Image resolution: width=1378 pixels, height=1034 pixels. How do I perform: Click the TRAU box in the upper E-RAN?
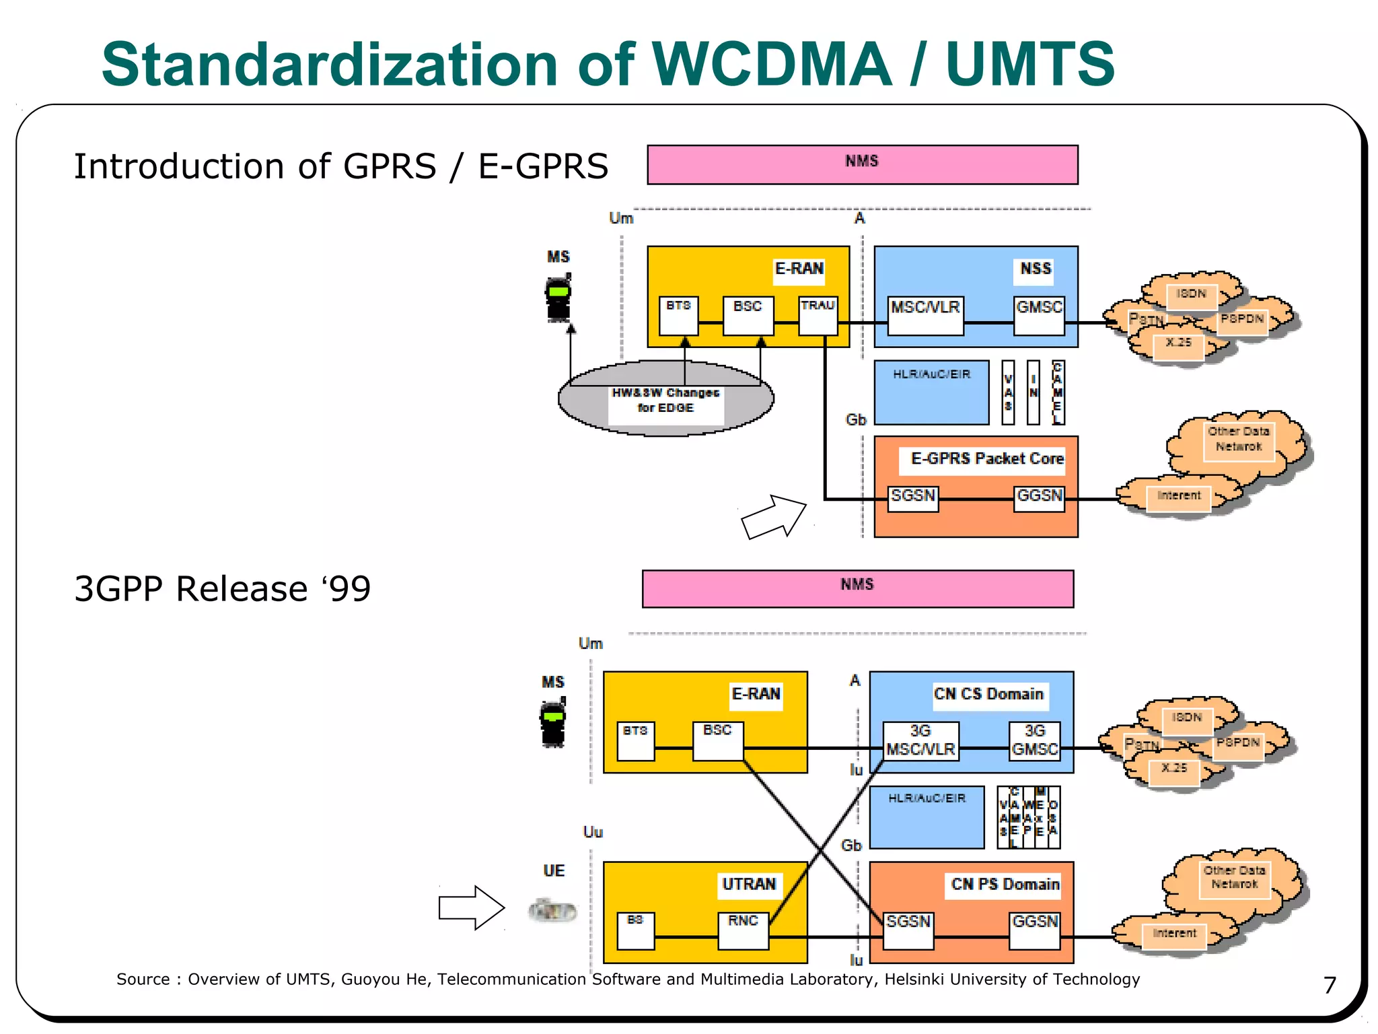click(818, 315)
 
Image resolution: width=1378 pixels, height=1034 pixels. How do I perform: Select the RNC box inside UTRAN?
click(743, 930)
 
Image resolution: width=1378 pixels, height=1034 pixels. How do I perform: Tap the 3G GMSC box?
click(1034, 741)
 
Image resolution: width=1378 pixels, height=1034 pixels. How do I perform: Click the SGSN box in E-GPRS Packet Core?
click(912, 498)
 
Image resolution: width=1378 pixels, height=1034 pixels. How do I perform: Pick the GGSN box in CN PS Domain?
click(1034, 930)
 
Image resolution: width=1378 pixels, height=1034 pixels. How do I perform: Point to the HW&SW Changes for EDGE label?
click(665, 400)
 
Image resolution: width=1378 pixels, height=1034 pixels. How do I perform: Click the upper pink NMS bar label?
click(862, 161)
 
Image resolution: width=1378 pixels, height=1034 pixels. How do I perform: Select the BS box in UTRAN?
click(635, 930)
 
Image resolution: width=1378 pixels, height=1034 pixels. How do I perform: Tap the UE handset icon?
click(552, 911)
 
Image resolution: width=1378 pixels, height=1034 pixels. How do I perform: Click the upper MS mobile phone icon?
click(558, 298)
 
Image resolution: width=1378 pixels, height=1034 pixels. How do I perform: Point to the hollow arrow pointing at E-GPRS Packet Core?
click(774, 517)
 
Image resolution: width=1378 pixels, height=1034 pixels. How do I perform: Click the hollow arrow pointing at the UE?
click(471, 907)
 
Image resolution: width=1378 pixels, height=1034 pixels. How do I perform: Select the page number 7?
click(1330, 985)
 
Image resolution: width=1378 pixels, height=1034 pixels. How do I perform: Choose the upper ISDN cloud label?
click(1190, 294)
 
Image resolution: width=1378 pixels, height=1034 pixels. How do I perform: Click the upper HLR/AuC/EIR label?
click(931, 374)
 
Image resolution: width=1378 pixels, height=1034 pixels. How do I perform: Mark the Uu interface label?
click(592, 832)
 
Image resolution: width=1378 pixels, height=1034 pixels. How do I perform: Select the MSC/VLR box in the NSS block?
click(925, 315)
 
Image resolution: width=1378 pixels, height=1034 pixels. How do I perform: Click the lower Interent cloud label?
click(1174, 933)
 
